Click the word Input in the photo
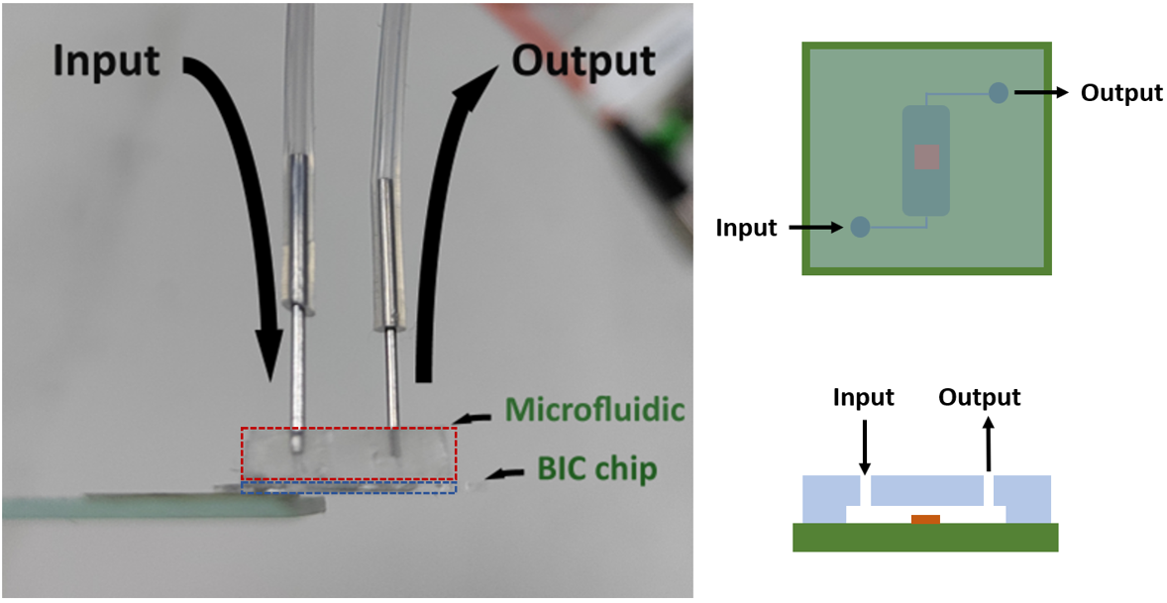tap(106, 61)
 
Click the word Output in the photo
tap(583, 61)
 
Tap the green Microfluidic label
tap(593, 409)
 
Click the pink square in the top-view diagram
tap(926, 157)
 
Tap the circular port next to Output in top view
tap(999, 93)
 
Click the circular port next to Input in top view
tap(860, 227)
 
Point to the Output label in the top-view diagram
tap(1120, 93)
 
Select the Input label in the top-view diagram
tap(747, 229)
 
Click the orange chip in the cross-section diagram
tap(925, 519)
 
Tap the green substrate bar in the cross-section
tap(925, 538)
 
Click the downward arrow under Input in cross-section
tap(865, 445)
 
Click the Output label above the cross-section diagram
tap(979, 398)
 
